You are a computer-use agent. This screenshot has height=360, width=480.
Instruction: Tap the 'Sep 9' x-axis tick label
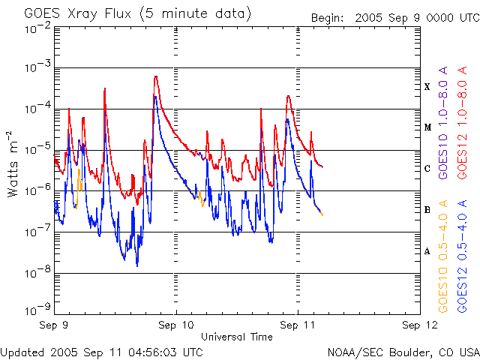pos(55,326)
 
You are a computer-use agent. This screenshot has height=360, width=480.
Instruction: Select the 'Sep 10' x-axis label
pos(177,326)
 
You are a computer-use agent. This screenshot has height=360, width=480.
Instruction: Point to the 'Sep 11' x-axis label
pos(298,326)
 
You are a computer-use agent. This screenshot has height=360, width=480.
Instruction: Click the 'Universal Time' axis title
pos(236,337)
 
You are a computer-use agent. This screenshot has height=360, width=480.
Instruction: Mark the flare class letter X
pos(427,87)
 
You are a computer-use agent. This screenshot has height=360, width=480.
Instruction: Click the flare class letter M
pos(427,127)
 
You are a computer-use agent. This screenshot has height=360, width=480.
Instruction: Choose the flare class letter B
pos(427,210)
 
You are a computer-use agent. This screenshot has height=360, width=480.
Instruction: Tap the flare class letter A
pos(427,251)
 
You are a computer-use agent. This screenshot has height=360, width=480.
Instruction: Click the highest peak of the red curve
pos(155,76)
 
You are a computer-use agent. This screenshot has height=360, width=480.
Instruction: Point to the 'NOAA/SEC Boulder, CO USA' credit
pos(403,352)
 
